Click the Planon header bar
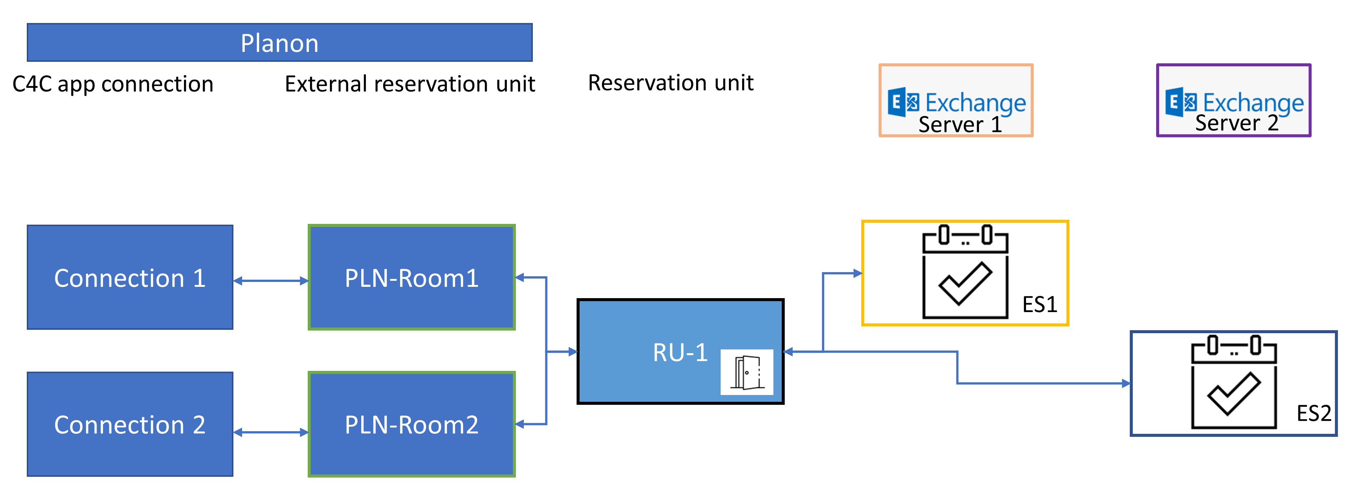[279, 43]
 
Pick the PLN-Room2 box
[411, 424]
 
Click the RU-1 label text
[680, 352]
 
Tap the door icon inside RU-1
[746, 372]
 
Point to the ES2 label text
[1313, 413]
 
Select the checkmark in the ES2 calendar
[1233, 393]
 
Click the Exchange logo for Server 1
[904, 102]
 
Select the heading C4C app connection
[113, 84]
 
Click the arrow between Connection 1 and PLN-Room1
[270, 281]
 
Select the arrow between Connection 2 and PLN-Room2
[270, 432]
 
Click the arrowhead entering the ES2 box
[1126, 383]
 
